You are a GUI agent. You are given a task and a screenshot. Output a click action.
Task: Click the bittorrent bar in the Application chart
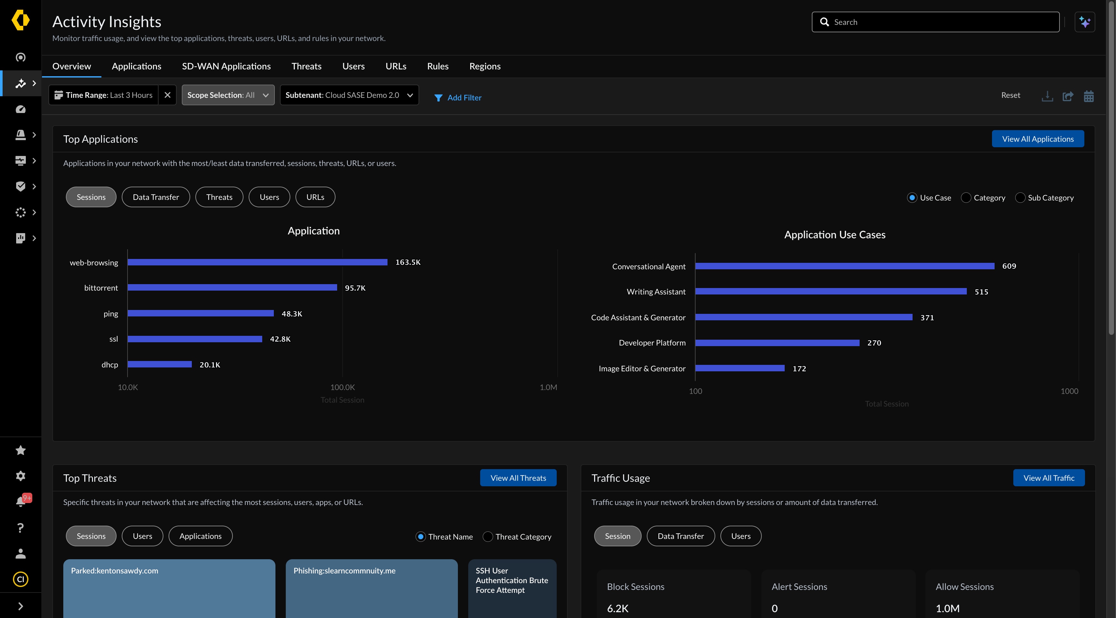tap(232, 288)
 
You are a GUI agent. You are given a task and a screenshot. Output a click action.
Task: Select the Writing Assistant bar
tap(831, 292)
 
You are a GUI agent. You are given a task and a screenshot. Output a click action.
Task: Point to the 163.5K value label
tap(408, 263)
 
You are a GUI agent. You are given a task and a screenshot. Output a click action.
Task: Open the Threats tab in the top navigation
tap(306, 66)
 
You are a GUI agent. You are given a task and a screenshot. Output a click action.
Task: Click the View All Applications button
tap(1038, 139)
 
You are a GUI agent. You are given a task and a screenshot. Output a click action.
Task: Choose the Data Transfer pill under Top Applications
tap(156, 197)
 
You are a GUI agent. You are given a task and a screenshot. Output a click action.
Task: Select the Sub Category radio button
tap(1020, 198)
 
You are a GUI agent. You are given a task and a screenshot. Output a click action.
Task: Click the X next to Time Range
tap(167, 95)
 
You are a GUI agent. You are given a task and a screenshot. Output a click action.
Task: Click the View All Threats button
tap(518, 478)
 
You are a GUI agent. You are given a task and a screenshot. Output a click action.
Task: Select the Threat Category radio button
tap(488, 537)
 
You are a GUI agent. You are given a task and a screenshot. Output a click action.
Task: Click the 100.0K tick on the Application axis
tap(342, 387)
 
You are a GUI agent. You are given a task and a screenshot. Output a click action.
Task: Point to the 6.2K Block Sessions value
tap(617, 608)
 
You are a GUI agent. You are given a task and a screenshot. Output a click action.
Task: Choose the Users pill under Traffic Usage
tap(740, 536)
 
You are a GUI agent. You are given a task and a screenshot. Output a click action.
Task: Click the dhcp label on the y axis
tap(109, 365)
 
